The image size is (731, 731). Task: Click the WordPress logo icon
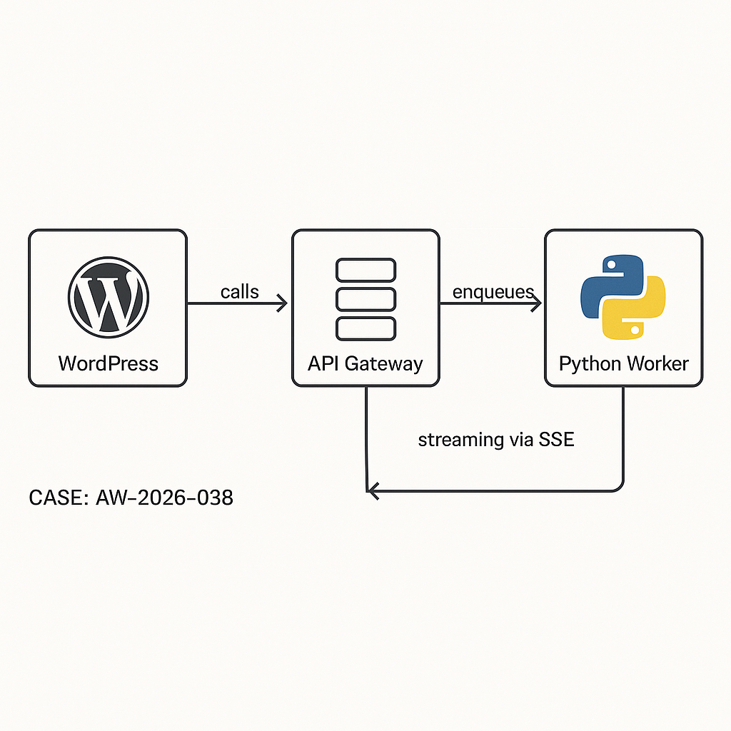click(109, 295)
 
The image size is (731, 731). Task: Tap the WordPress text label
click(109, 363)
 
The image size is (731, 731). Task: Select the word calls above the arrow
click(240, 291)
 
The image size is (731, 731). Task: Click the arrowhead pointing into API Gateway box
click(282, 304)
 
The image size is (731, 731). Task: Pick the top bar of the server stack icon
click(365, 271)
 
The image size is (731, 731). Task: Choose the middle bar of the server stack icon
click(365, 299)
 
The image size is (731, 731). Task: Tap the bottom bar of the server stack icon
click(365, 328)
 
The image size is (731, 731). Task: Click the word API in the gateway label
click(323, 363)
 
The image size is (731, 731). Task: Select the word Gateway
click(384, 363)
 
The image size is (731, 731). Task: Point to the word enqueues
click(493, 291)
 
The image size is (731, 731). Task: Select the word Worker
click(657, 363)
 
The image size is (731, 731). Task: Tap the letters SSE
click(558, 440)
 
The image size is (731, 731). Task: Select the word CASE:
click(57, 498)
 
